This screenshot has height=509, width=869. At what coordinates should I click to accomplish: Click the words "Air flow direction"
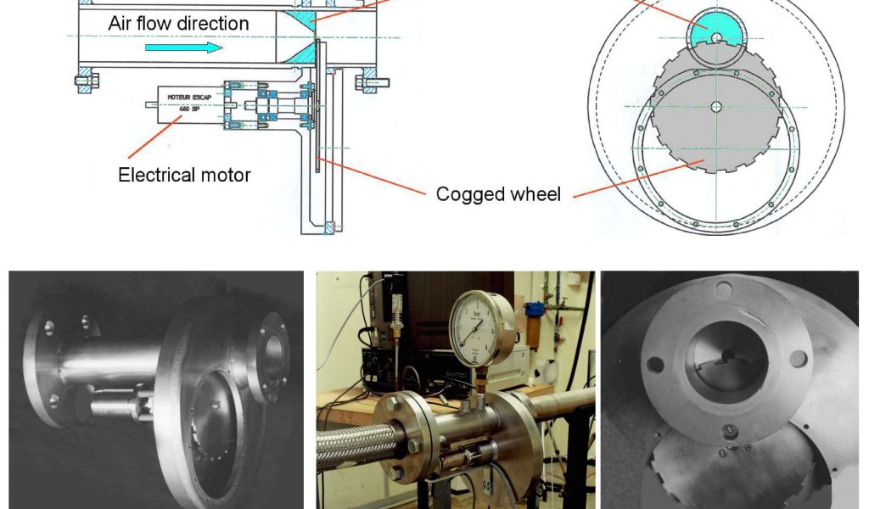tap(178, 23)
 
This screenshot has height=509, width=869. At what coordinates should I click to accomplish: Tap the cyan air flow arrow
tap(183, 48)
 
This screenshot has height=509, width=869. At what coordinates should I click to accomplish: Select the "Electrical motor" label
tap(184, 176)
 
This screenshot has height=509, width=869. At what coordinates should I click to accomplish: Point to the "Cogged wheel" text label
tap(498, 194)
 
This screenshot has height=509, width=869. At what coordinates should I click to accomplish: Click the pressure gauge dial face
tap(483, 326)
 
